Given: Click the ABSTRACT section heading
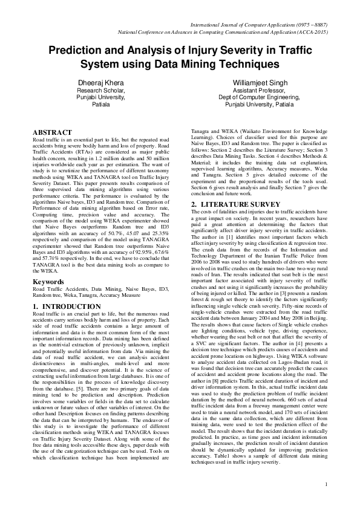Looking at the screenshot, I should click(52, 131).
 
